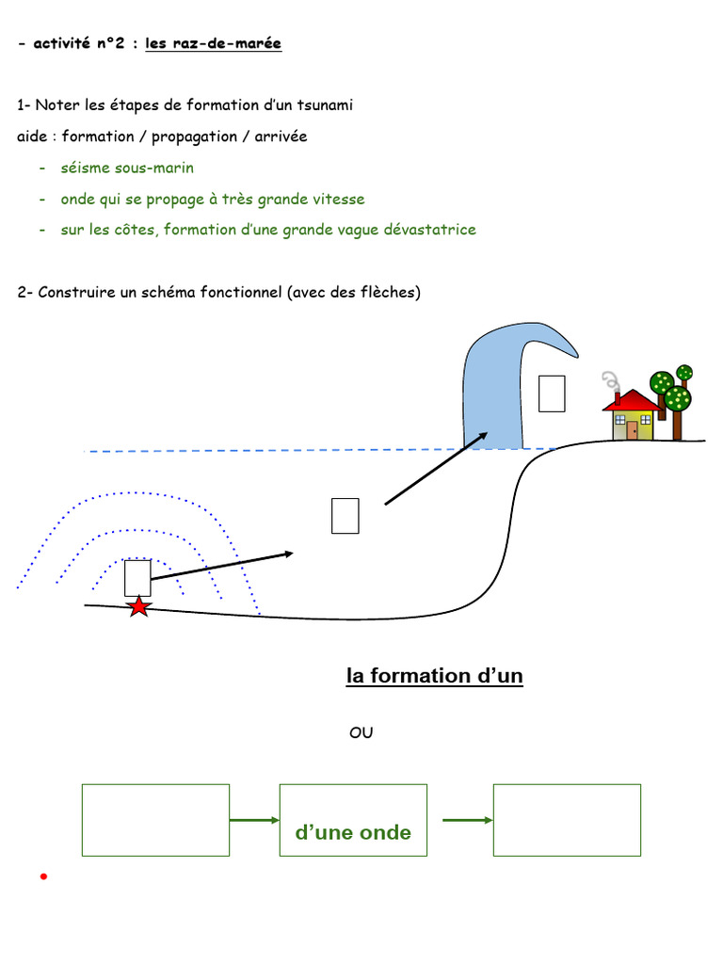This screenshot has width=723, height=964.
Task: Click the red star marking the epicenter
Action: tap(138, 606)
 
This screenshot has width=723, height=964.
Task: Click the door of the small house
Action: tap(633, 430)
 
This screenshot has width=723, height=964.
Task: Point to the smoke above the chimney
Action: tap(610, 380)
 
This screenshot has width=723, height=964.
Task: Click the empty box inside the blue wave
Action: tap(551, 394)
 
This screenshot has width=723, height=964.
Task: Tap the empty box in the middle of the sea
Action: tap(345, 516)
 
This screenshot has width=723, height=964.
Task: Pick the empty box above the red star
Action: tap(137, 578)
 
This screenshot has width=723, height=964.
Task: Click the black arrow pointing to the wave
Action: tap(436, 468)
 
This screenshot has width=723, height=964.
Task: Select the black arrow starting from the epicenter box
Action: tap(222, 567)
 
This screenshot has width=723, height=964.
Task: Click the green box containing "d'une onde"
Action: tap(353, 820)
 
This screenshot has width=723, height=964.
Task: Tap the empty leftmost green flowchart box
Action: tap(155, 820)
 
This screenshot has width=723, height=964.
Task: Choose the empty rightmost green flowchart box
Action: tap(567, 820)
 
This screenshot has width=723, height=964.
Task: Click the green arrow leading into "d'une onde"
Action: tap(254, 820)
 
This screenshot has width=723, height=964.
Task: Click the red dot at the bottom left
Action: tap(43, 877)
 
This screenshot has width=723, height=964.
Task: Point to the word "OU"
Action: tap(361, 732)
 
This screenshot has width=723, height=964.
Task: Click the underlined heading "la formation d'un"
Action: tap(435, 676)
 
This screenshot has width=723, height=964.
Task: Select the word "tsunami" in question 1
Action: tap(325, 104)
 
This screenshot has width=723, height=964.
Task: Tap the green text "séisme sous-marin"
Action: tap(127, 168)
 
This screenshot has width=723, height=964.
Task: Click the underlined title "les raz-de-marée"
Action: tap(213, 43)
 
